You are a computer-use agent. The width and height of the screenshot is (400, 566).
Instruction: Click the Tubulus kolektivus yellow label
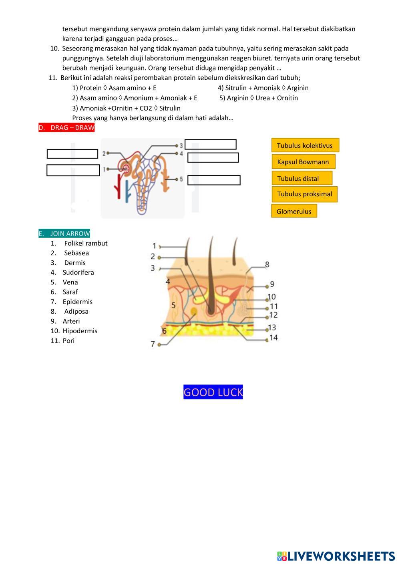tap(305, 145)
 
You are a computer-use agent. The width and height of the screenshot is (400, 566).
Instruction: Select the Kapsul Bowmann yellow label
tap(303, 162)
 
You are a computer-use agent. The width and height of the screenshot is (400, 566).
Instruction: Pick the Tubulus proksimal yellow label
tap(304, 194)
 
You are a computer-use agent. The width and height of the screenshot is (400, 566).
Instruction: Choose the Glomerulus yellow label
tap(294, 211)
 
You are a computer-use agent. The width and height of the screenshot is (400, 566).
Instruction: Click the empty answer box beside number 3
tap(210, 144)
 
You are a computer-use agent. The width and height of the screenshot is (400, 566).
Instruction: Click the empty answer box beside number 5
tap(214, 180)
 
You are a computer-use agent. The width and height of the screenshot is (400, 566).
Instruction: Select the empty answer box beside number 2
tap(72, 154)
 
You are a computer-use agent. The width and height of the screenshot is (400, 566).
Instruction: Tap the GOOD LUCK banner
tap(213, 392)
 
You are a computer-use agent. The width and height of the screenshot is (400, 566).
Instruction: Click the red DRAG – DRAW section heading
tap(66, 128)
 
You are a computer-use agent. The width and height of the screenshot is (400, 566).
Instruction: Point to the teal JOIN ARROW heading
tap(64, 234)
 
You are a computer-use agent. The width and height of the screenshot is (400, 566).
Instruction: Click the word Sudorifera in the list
tap(78, 272)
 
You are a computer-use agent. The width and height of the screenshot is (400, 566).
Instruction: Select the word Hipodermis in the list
tap(80, 331)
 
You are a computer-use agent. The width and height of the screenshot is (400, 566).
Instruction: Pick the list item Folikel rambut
tap(86, 243)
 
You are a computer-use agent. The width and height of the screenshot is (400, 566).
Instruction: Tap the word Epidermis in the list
tap(77, 302)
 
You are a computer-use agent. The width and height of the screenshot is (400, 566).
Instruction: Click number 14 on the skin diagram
tap(273, 338)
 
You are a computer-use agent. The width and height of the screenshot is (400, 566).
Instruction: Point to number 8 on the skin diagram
tap(267, 264)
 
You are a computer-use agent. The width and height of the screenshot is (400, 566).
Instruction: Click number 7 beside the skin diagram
tap(153, 344)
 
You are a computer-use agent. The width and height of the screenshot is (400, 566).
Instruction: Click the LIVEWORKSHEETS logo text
tap(341, 556)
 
